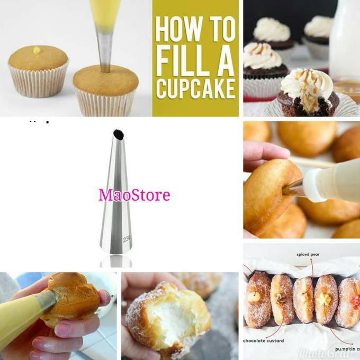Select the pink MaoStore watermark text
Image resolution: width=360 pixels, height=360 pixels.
coord(134,195)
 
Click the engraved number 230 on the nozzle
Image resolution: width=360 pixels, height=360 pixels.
coord(127,239)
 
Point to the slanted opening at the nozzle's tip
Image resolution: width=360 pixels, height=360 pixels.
coord(118,134)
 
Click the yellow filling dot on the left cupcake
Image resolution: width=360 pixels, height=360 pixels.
coord(37,50)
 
